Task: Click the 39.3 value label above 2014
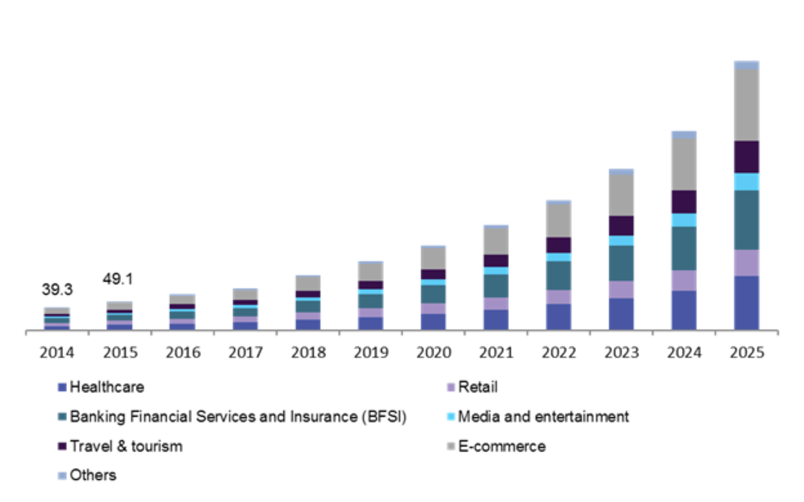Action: (x=57, y=290)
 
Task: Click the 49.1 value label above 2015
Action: (x=118, y=279)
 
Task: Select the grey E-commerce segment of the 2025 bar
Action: (x=747, y=105)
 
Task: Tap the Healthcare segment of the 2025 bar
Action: (x=747, y=303)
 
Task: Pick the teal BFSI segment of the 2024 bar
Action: (x=684, y=248)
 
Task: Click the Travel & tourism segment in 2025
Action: (x=747, y=157)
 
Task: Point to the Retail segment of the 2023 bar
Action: (x=621, y=290)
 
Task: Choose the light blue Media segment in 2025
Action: (x=747, y=182)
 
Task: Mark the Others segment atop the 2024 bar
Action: (x=684, y=135)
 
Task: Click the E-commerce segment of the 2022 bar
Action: (x=559, y=220)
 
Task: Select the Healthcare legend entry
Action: (x=107, y=387)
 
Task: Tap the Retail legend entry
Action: (x=478, y=387)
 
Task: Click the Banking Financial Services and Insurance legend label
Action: (x=238, y=416)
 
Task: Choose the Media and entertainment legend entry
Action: (x=543, y=416)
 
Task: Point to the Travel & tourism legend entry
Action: (x=126, y=446)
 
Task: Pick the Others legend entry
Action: (x=93, y=475)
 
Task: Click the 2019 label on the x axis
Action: (x=371, y=353)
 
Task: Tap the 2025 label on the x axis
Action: (x=747, y=353)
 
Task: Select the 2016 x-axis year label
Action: (x=183, y=353)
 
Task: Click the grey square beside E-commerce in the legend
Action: (x=451, y=446)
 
